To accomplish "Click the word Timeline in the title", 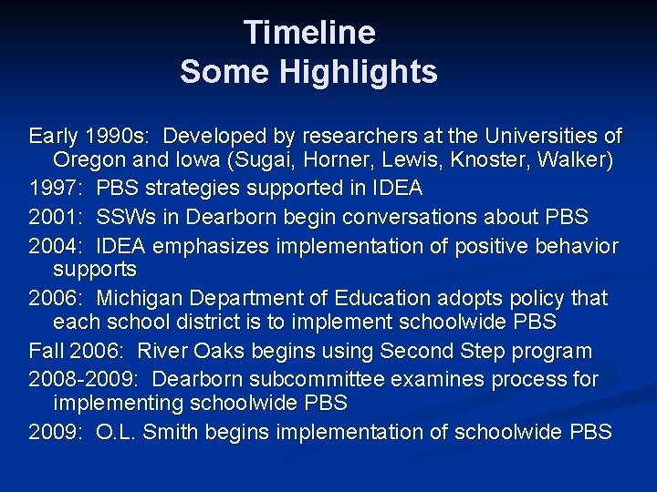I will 309,33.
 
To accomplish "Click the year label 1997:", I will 57,189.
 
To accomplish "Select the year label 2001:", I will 57,217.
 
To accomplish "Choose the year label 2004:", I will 57,246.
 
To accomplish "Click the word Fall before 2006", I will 47,351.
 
